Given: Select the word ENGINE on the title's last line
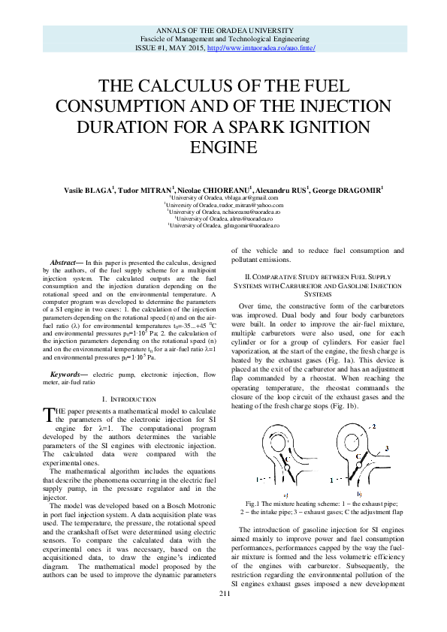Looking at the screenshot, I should coord(223,144).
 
